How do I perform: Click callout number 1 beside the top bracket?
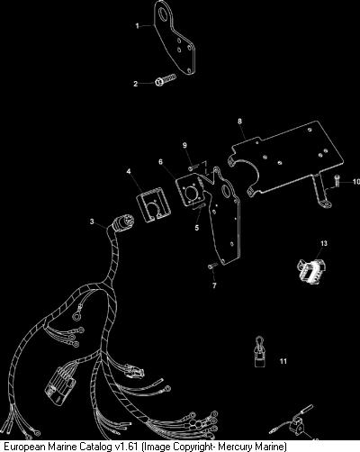tap(137, 26)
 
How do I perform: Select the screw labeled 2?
tap(166, 80)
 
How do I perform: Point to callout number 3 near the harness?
tap(92, 221)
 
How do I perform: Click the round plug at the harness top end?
tap(123, 221)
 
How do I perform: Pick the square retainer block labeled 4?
tap(154, 205)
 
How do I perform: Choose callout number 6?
tap(161, 162)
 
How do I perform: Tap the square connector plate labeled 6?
tap(190, 190)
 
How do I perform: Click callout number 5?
tap(197, 228)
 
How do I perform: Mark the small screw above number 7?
tap(211, 266)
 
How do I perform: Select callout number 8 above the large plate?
tap(239, 121)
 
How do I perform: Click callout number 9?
tap(184, 145)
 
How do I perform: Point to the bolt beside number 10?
tap(336, 181)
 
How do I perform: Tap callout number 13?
tap(324, 243)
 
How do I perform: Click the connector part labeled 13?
tap(311, 267)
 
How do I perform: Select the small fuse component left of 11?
tap(258, 351)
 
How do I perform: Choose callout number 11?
tap(283, 361)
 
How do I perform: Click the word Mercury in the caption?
tap(233, 447)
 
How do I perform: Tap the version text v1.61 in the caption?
tap(127, 446)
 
